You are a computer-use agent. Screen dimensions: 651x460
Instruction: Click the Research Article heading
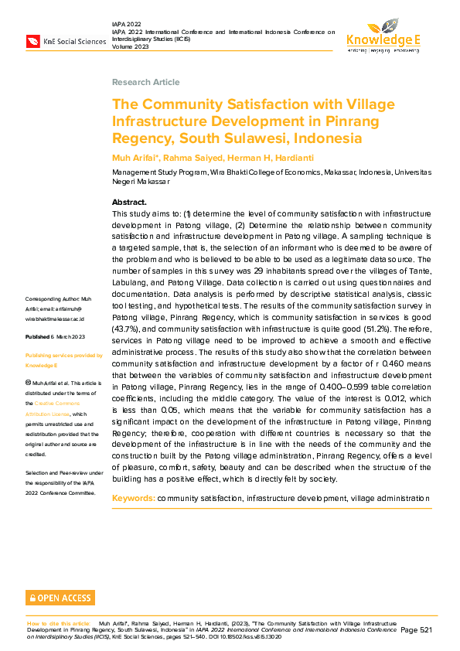145,82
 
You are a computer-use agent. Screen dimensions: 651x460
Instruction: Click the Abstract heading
129,202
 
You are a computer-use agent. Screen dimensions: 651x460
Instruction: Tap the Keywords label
133,498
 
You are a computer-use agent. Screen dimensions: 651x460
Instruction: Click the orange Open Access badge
60,598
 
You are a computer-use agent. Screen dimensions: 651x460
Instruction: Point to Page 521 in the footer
416,630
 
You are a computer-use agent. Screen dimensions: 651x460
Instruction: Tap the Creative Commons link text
64,404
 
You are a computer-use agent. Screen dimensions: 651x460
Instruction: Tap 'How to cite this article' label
59,622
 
